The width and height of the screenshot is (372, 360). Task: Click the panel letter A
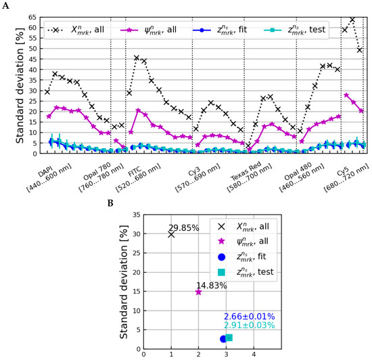pyautogui.click(x=5, y=4)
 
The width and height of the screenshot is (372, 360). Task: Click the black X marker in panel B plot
pyautogui.click(x=171, y=234)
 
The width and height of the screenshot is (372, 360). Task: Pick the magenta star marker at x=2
pyautogui.click(x=198, y=292)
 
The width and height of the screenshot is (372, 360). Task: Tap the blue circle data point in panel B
pyautogui.click(x=223, y=338)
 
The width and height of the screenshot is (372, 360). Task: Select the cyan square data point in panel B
pyautogui.click(x=229, y=338)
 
